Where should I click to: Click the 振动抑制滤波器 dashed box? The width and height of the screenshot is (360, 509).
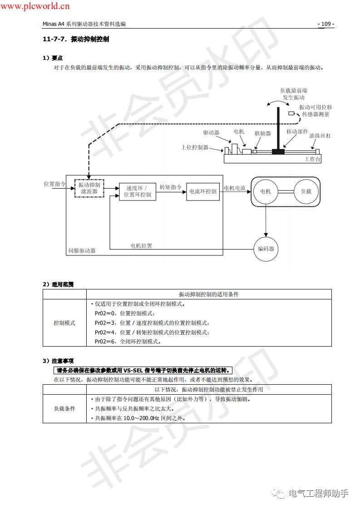pyautogui.click(x=89, y=188)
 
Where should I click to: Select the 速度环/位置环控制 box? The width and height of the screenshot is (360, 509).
pyautogui.click(x=138, y=191)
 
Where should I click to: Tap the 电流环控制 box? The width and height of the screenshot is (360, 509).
pyautogui.click(x=202, y=191)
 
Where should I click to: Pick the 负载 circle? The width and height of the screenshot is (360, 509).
pyautogui.click(x=306, y=191)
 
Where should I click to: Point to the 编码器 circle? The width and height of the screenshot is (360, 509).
pyautogui.click(x=266, y=249)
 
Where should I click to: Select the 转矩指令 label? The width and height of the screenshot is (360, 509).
pyautogui.click(x=171, y=187)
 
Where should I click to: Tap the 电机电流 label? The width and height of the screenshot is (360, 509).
pyautogui.click(x=235, y=188)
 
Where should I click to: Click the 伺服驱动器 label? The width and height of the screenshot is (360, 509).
pyautogui.click(x=82, y=250)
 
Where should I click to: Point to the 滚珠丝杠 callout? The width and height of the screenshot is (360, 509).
pyautogui.click(x=320, y=136)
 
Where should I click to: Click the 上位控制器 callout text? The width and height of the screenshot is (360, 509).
pyautogui.click(x=195, y=147)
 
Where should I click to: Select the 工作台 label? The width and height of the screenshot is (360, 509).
pyautogui.click(x=312, y=159)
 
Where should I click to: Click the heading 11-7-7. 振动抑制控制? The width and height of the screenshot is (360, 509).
pyautogui.click(x=76, y=39)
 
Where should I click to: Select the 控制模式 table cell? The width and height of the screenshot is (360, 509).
pyautogui.click(x=64, y=323)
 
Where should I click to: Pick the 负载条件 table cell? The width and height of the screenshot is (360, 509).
pyautogui.click(x=64, y=409)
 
